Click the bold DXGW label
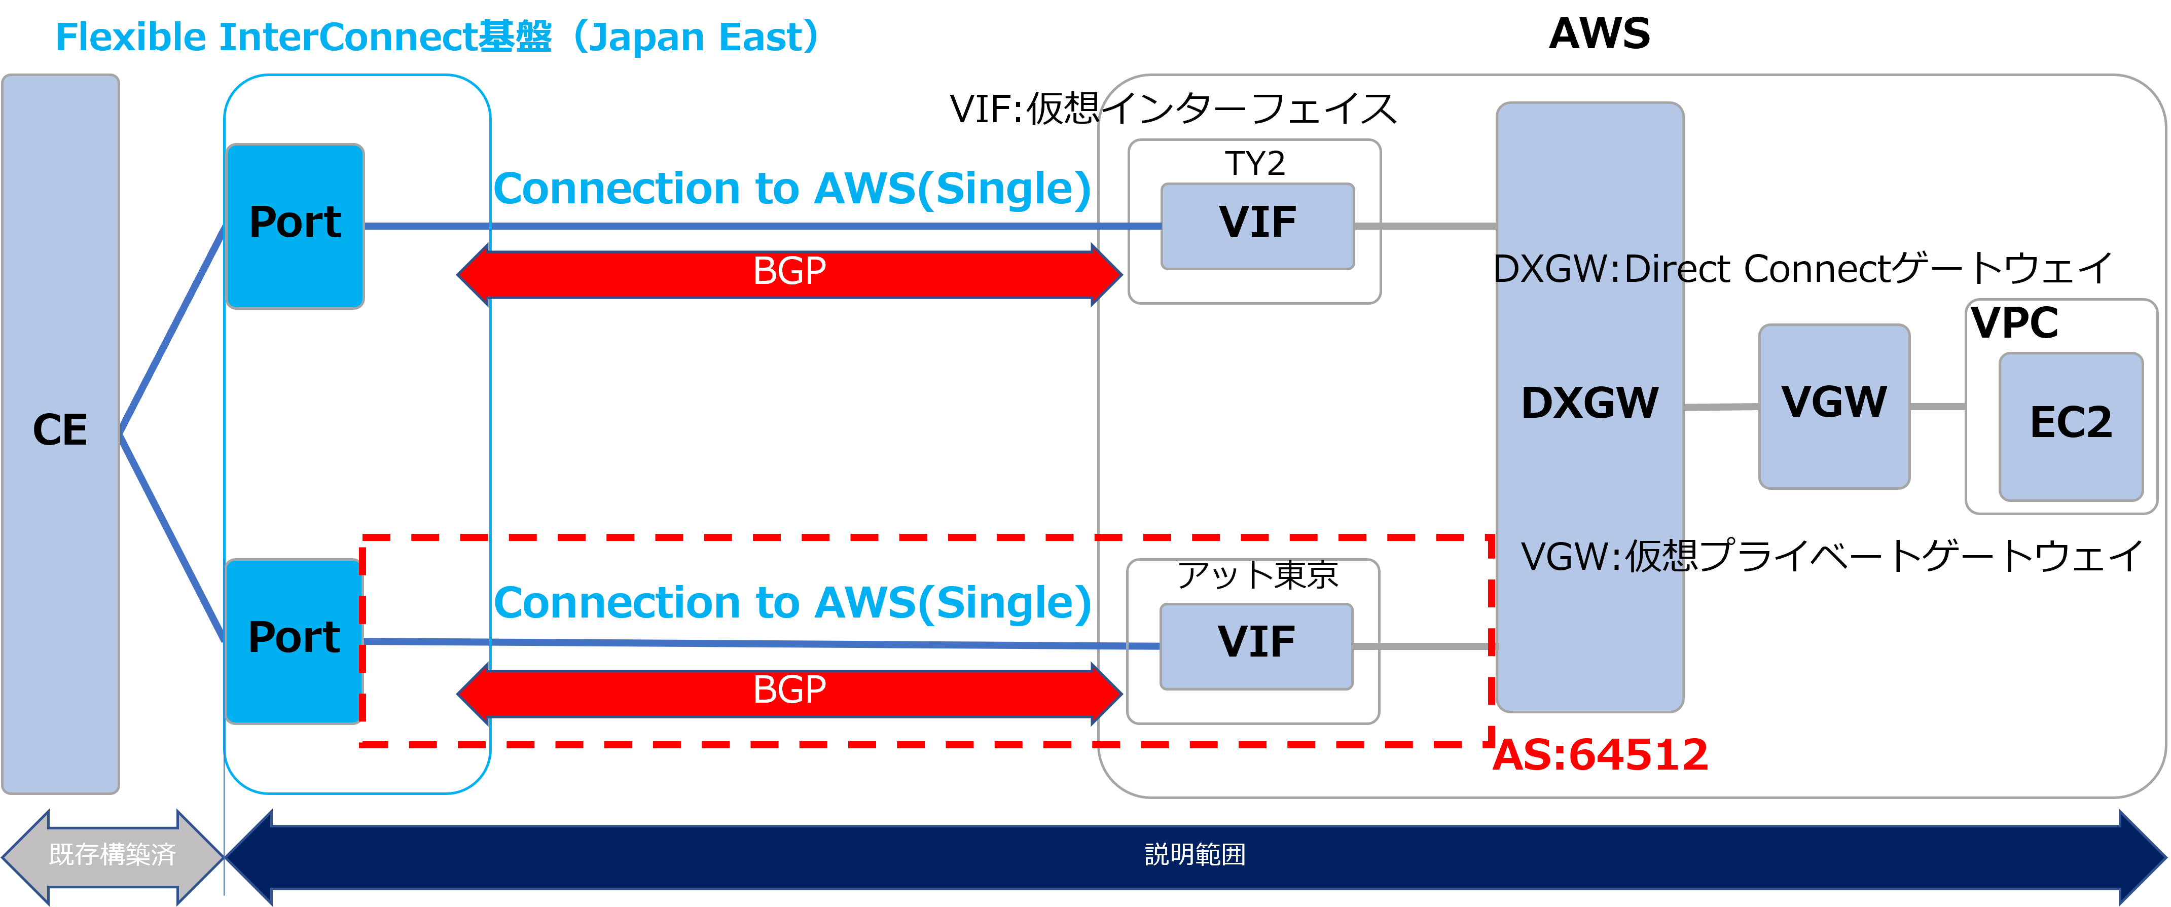tap(1589, 403)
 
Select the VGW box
tap(1834, 406)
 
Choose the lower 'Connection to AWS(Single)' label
tap(792, 603)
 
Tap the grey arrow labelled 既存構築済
tap(112, 855)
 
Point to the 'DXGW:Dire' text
tap(1589, 270)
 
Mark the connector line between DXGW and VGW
tap(1721, 407)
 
